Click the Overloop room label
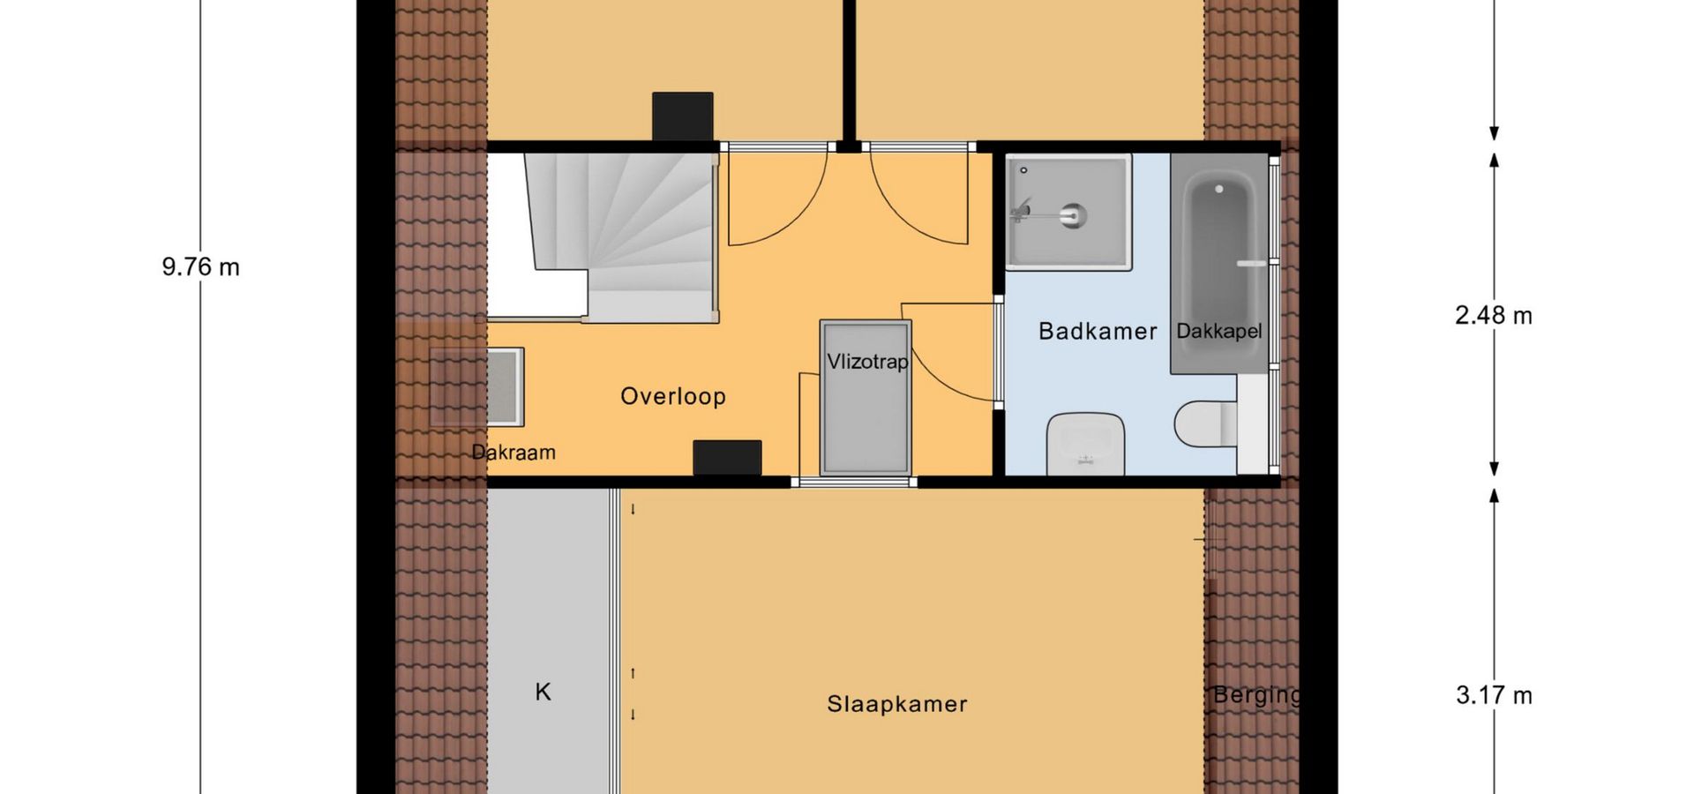[x=673, y=396]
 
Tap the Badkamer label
[x=1098, y=331]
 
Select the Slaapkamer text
[x=897, y=704]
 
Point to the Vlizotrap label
[x=867, y=362]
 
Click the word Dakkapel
[x=1219, y=331]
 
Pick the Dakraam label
[x=513, y=453]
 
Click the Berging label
[x=1256, y=695]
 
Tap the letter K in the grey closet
[x=543, y=692]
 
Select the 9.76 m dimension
[x=201, y=266]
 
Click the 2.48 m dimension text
[x=1494, y=315]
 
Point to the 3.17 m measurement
[x=1494, y=695]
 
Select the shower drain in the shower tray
[x=1073, y=216]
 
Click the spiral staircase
[x=618, y=236]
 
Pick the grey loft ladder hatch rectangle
[x=866, y=398]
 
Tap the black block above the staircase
[x=683, y=116]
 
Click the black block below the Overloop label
[x=727, y=458]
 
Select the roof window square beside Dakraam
[x=476, y=387]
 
